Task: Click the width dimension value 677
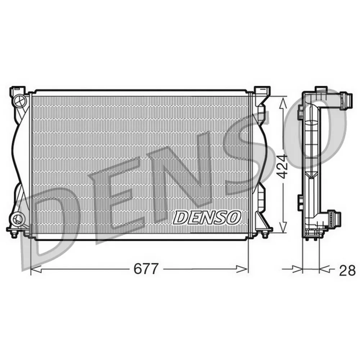coord(146,269)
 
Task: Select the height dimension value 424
coord(282,167)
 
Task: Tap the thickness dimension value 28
coord(347,270)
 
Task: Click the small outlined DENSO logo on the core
coord(207,218)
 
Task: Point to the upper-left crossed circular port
coord(19,100)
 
